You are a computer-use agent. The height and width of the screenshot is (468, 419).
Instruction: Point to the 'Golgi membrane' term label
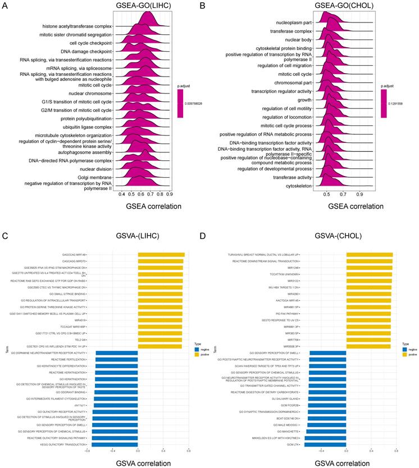point(94,177)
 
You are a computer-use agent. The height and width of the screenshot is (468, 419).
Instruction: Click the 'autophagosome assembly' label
point(84,152)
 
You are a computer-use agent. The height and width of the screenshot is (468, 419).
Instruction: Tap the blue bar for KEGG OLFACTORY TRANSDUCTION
point(115,444)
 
